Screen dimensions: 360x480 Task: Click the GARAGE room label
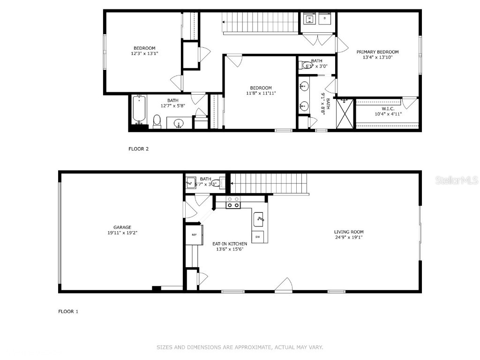pos(122,227)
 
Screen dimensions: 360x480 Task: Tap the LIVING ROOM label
pos(348,232)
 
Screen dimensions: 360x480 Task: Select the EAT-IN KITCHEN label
pos(230,244)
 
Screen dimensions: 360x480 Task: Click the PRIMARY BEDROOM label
pos(377,52)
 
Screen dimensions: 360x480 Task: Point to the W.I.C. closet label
pos(388,108)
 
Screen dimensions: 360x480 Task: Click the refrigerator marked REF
pos(194,234)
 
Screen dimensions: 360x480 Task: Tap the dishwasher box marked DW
pos(258,237)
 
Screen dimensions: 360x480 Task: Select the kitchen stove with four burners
pos(233,202)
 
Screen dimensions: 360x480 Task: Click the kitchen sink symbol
pos(259,218)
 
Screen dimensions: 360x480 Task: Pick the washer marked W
pos(309,19)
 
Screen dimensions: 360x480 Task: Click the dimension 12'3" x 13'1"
pos(144,53)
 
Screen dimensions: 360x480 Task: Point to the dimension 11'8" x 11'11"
pos(261,93)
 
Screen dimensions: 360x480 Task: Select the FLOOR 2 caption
pos(138,149)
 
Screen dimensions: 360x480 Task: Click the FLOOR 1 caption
pos(68,311)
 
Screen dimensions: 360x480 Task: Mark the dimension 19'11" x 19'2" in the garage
pos(122,232)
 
